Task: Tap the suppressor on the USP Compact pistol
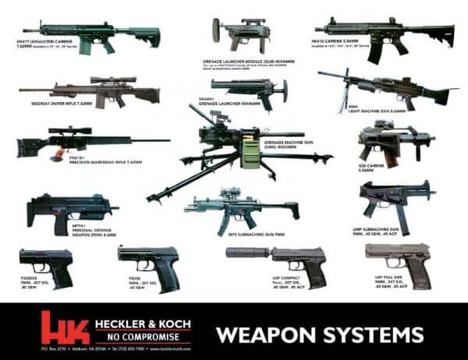coord(241,255)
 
